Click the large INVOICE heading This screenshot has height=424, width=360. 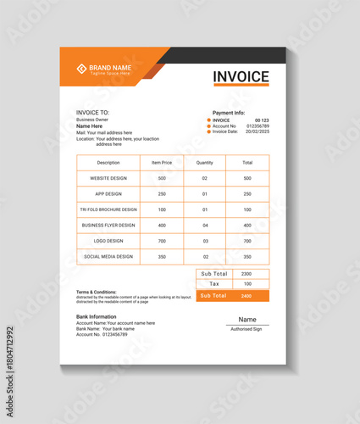(x=241, y=76)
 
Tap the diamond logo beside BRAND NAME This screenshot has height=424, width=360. (x=81, y=69)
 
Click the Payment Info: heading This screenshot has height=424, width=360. (x=229, y=113)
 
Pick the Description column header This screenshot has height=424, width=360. (x=108, y=162)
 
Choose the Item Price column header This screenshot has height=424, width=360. (x=162, y=162)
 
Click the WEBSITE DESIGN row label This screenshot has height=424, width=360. (x=108, y=178)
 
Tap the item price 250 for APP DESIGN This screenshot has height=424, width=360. (x=162, y=194)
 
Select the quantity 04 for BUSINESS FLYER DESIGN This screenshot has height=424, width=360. (x=205, y=226)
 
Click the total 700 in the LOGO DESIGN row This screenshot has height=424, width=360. (x=247, y=241)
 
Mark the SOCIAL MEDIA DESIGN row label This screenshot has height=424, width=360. (x=108, y=256)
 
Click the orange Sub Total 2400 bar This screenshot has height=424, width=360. (x=233, y=296)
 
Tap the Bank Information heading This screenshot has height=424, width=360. (x=97, y=316)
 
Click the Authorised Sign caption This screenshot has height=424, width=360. (x=247, y=329)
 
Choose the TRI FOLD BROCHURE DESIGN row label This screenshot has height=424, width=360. (x=108, y=209)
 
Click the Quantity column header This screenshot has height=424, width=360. (x=205, y=162)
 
